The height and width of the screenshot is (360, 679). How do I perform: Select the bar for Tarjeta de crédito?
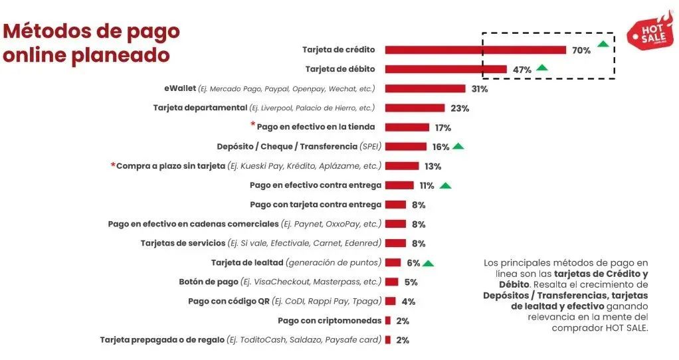(x=475, y=50)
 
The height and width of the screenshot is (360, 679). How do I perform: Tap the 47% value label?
(x=522, y=69)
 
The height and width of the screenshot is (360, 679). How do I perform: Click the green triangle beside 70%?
(x=603, y=44)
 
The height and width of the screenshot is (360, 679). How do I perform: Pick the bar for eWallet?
(x=425, y=88)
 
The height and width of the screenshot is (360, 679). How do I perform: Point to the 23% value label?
(x=460, y=108)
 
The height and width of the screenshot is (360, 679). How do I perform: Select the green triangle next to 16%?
(x=458, y=146)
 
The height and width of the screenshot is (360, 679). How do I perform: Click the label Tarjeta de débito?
(x=340, y=69)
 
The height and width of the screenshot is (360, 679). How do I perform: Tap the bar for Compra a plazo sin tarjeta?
(x=402, y=166)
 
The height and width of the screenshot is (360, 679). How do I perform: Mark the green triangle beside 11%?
(x=445, y=185)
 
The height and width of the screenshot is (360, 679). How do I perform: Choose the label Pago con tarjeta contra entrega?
(x=316, y=205)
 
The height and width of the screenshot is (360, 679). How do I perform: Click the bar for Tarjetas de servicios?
(x=395, y=244)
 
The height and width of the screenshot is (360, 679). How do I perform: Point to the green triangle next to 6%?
(x=429, y=263)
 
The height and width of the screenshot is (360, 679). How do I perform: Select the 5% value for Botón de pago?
(x=411, y=282)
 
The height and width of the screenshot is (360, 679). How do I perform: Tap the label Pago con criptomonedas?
(x=330, y=321)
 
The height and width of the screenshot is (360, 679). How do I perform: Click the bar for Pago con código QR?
(x=390, y=302)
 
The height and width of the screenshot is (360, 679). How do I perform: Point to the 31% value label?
(x=480, y=88)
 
